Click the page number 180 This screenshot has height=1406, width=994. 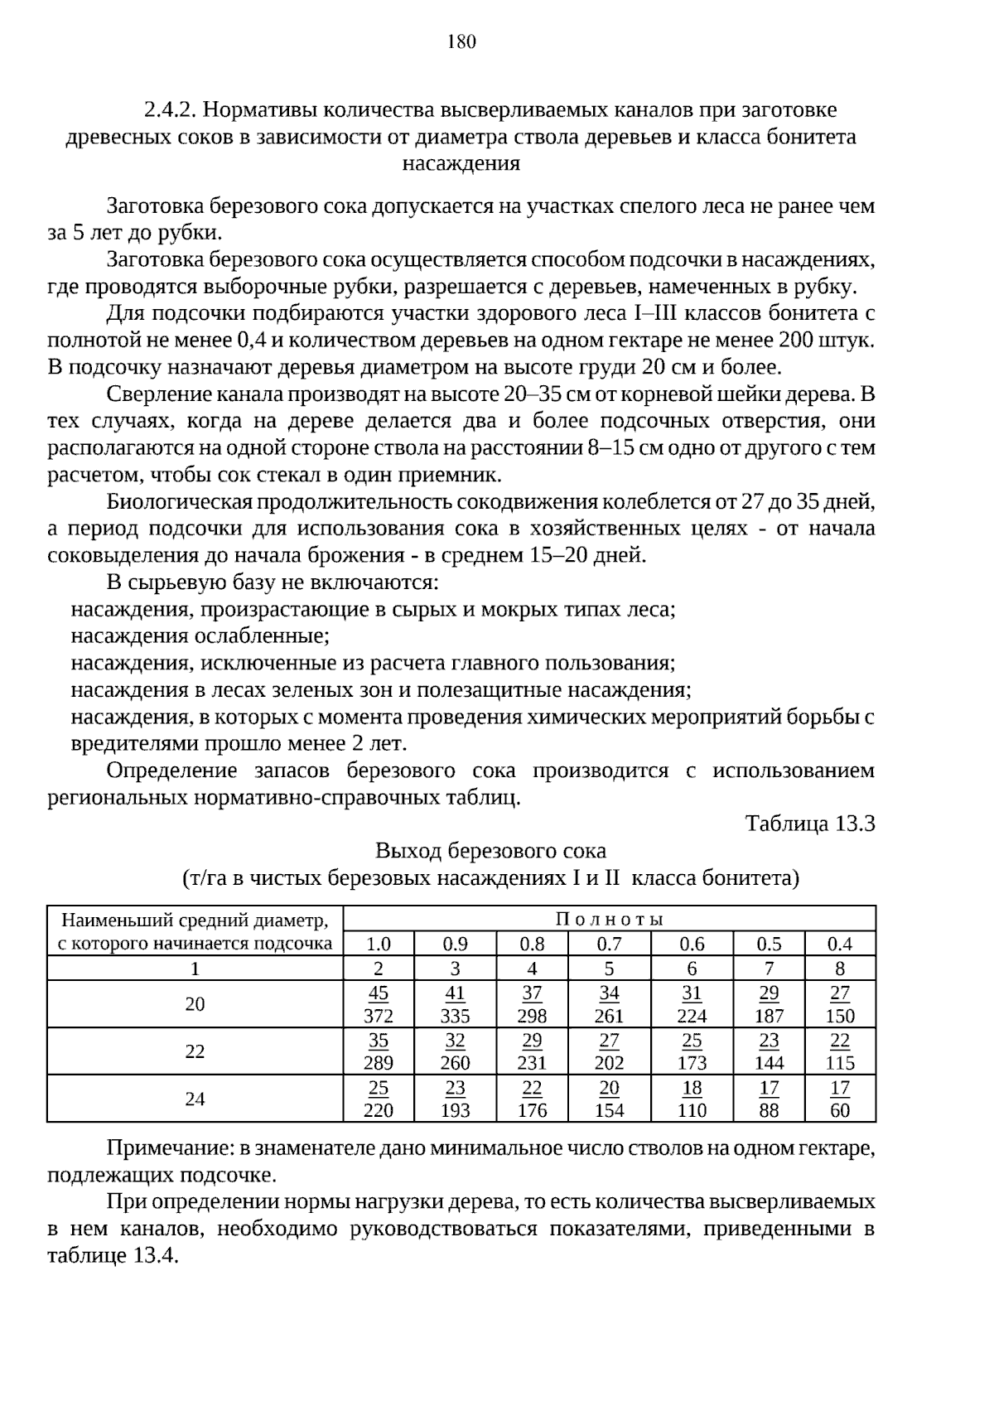coord(461,42)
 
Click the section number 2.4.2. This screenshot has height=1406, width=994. coord(170,110)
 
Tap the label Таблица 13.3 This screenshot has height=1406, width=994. coord(810,824)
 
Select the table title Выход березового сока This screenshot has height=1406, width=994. coord(490,851)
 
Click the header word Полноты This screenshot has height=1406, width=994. coord(609,919)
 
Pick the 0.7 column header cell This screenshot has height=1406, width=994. coord(609,944)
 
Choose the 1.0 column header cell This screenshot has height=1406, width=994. coord(379,944)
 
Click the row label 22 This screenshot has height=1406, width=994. coord(195,1051)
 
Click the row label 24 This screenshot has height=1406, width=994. coord(195,1099)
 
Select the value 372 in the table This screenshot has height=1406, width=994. coord(379,1016)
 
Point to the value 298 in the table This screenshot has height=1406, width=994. coord(532,1016)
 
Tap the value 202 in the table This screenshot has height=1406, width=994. coord(609,1063)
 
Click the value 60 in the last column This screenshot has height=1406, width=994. coord(840,1110)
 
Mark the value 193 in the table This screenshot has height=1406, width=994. coord(455,1110)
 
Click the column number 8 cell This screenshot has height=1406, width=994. coord(840,969)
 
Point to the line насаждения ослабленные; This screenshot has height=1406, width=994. coord(200,636)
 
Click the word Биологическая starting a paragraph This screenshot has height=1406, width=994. coord(181,502)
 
